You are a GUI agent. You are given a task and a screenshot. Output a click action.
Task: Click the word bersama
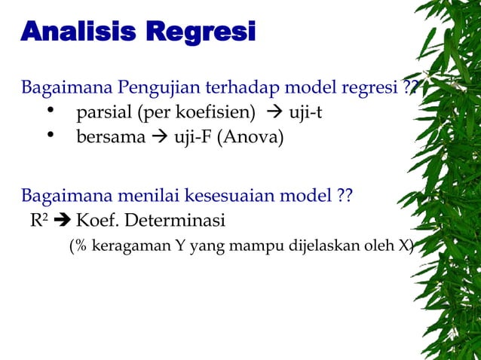coord(109,138)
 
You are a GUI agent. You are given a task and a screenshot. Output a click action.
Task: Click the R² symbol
coord(37,221)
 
